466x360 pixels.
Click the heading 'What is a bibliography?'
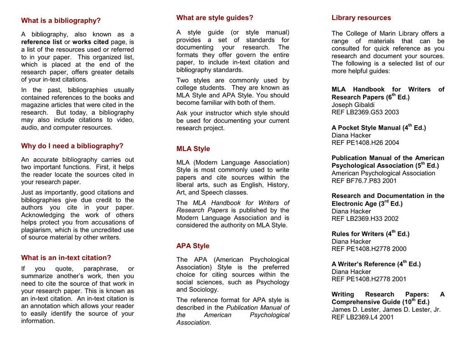[x=61, y=20]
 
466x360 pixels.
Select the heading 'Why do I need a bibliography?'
[x=72, y=146]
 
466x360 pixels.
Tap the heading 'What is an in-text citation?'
[x=66, y=258]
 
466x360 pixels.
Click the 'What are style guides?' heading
[x=215, y=18]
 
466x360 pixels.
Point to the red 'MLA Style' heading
[x=193, y=149]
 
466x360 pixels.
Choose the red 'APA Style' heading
[x=193, y=246]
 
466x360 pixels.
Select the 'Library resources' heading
[x=361, y=18]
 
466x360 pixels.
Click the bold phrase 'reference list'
[x=41, y=42]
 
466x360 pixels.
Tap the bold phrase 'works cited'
[x=91, y=42]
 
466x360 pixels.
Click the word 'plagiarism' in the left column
[x=37, y=230]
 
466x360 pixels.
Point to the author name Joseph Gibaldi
[x=353, y=105]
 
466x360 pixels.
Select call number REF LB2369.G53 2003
[x=365, y=112]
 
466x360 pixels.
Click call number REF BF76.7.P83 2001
[x=364, y=181]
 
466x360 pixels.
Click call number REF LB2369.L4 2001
[x=363, y=317]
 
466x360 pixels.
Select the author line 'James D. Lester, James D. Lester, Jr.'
[x=386, y=309]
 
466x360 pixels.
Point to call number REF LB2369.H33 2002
[x=365, y=218]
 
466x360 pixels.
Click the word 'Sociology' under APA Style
[x=203, y=289]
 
